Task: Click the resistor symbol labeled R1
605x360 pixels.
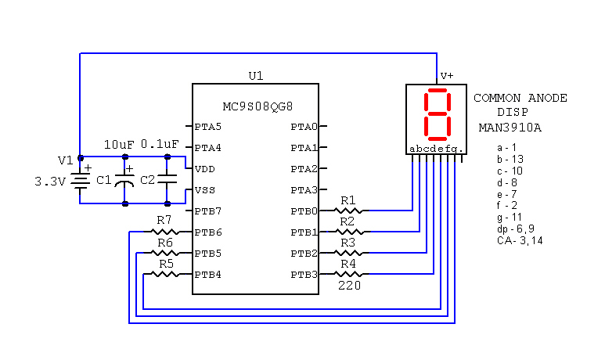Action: [348, 211]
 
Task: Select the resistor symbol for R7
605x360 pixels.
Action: [164, 232]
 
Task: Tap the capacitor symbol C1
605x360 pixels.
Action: [124, 182]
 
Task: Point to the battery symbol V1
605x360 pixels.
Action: [79, 181]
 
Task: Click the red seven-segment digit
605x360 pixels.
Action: [436, 114]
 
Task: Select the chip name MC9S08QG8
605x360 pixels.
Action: [256, 106]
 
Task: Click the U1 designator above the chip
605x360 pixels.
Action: [255, 76]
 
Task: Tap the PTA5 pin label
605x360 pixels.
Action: [207, 126]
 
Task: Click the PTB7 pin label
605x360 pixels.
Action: [207, 211]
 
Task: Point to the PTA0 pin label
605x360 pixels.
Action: [304, 126]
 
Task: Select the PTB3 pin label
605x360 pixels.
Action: [304, 275]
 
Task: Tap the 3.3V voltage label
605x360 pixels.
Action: [49, 181]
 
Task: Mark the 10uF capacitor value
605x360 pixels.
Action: [120, 145]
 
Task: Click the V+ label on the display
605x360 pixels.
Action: [447, 76]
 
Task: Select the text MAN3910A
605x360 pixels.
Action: [510, 127]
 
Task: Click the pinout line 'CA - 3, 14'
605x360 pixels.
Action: [520, 240]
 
